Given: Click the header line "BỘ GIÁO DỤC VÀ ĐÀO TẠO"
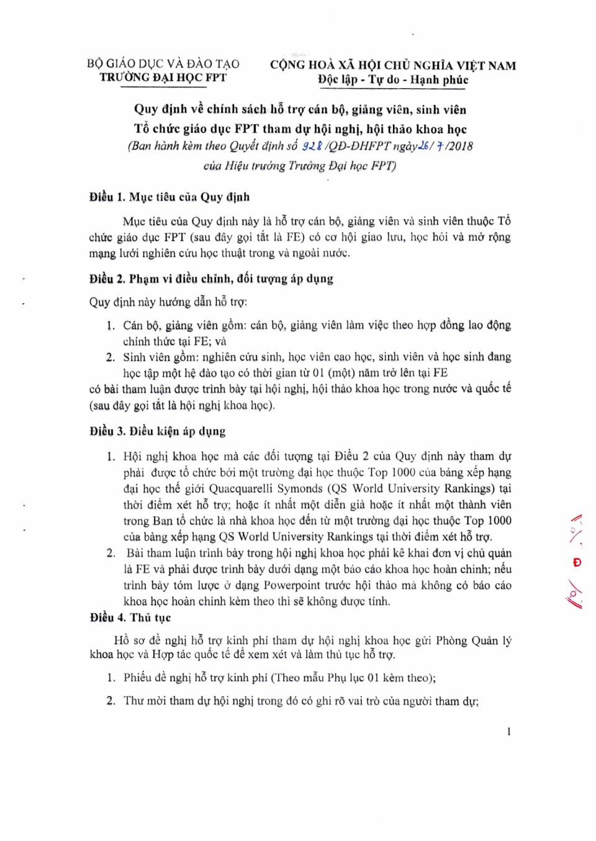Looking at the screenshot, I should click(163, 63).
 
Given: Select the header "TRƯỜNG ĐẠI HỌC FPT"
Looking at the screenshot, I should click(163, 78).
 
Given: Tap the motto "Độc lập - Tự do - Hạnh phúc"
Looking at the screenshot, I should click(393, 80).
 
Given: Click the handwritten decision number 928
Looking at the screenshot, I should click(312, 146).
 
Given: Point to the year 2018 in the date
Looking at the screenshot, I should click(460, 147).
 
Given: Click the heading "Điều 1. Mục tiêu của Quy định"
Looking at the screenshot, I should click(169, 197).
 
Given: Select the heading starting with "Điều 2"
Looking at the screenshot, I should click(210, 278).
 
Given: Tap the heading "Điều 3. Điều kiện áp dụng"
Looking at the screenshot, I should click(157, 431).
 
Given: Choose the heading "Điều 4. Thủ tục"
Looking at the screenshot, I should click(130, 617).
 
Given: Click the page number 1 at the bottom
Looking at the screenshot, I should click(508, 732).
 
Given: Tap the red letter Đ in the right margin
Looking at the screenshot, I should click(577, 562).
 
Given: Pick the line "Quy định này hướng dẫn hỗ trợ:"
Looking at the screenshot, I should click(168, 302).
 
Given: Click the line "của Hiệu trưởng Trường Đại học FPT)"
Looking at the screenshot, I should click(299, 166).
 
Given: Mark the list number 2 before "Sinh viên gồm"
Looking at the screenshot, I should click(111, 357).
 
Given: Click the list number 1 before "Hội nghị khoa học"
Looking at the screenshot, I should click(111, 457).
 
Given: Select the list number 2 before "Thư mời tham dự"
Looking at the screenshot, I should click(111, 701).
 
